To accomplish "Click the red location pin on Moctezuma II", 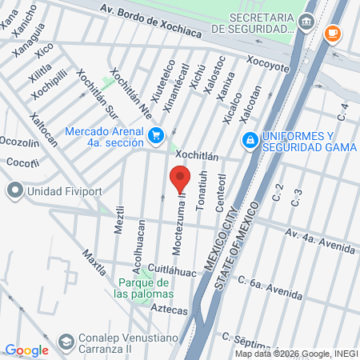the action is tap(180, 178).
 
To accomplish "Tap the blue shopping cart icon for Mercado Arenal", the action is tap(157, 134).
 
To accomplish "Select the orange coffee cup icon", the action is tap(334, 34).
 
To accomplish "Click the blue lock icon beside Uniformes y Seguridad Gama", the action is tap(250, 141).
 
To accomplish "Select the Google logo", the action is tap(26, 350).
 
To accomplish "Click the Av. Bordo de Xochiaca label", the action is tap(152, 18).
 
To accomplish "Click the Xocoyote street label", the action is tap(267, 64).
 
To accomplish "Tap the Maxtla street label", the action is tap(94, 261).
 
